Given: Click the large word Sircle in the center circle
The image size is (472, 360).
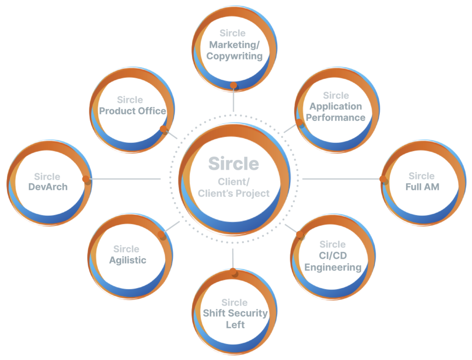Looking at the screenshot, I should click(233, 164).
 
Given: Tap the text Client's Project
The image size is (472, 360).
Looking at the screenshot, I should click(233, 194).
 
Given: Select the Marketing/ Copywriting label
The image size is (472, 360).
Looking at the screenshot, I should click(234, 51).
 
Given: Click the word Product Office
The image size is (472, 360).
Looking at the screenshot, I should click(133, 111).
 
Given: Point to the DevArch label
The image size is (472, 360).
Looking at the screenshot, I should click(47, 187).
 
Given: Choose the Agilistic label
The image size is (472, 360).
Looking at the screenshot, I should click(128, 260).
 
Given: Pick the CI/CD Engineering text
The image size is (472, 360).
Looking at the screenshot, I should click(332, 261).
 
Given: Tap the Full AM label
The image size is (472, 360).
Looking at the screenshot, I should click(422, 187).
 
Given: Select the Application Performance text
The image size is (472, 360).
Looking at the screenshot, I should click(336, 112).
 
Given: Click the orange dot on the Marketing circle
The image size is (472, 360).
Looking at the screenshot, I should click(234, 85).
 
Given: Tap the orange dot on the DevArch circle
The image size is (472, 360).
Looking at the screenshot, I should click(85, 179).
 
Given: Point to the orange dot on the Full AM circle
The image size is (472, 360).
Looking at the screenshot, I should click(382, 179).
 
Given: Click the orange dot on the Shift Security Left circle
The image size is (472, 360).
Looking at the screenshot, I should click(233, 271).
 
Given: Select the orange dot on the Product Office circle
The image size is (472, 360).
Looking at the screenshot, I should click(162, 129).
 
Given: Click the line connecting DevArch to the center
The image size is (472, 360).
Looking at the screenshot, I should click(124, 179).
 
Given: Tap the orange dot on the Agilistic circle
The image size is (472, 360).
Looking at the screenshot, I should click(162, 235).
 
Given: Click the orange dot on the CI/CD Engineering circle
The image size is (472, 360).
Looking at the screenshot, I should click(301, 236).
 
